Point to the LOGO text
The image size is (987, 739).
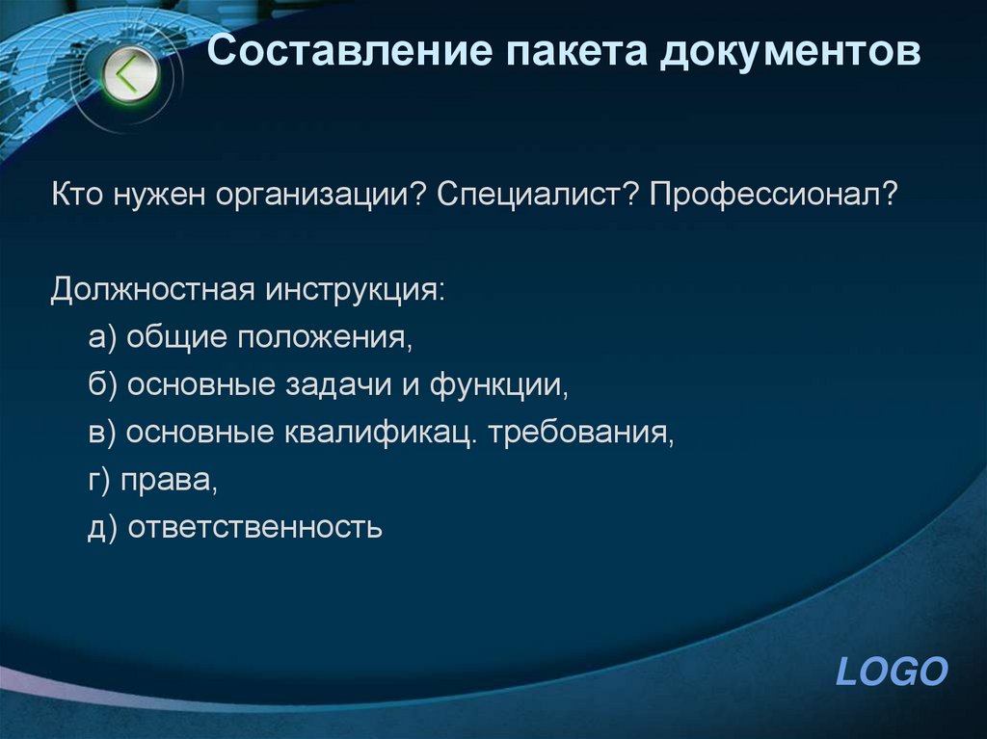click(x=892, y=672)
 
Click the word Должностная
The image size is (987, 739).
click(x=152, y=290)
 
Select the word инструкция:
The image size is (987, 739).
click(x=358, y=290)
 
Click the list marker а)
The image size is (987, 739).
click(x=101, y=338)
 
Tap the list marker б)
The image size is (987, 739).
click(x=101, y=385)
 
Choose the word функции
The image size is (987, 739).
click(x=496, y=385)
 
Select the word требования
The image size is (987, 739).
click(x=580, y=433)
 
